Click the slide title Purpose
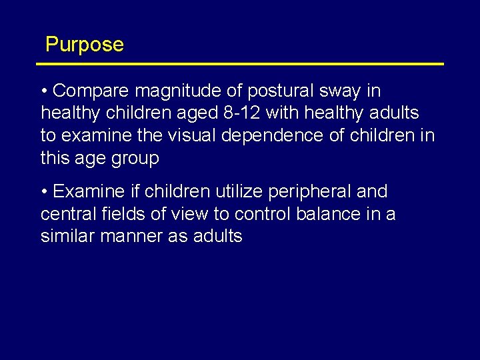pos(85,45)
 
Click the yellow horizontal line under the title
pos(240,64)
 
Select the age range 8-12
pos(240,113)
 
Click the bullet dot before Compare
pos(44,91)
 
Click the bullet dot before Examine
pos(44,192)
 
